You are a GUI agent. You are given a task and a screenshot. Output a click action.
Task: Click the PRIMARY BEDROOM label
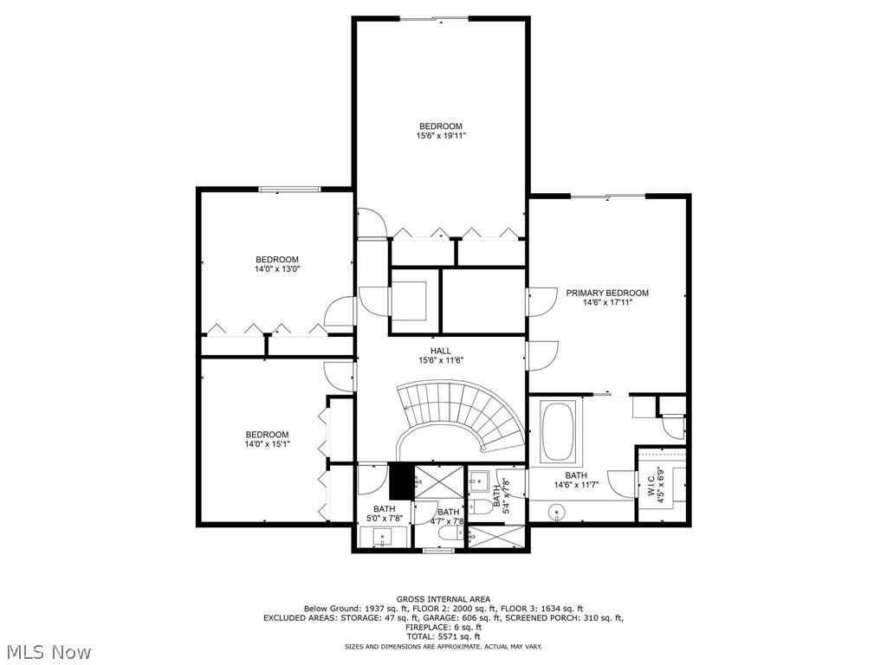click(607, 293)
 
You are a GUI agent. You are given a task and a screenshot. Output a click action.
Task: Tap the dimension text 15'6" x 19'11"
click(441, 136)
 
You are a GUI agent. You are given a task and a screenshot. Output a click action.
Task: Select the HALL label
click(441, 351)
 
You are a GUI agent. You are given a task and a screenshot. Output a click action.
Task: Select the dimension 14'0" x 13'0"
click(276, 269)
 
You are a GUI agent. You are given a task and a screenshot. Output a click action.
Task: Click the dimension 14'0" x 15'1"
click(267, 444)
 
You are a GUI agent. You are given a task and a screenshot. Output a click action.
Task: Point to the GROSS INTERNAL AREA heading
click(443, 599)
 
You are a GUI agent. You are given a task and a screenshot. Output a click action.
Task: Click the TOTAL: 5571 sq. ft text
click(443, 636)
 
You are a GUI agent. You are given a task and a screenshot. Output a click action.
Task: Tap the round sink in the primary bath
click(554, 513)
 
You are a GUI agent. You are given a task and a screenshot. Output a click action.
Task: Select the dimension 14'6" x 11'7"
click(576, 485)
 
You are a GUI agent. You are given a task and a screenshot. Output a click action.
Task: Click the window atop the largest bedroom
click(440, 18)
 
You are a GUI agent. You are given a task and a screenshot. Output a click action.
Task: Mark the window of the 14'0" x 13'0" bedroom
click(289, 189)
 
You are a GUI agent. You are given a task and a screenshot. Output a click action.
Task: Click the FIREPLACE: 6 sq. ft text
click(443, 627)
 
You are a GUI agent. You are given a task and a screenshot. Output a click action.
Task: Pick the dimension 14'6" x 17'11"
click(607, 302)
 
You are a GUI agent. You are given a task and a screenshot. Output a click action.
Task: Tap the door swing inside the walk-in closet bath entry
click(622, 481)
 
